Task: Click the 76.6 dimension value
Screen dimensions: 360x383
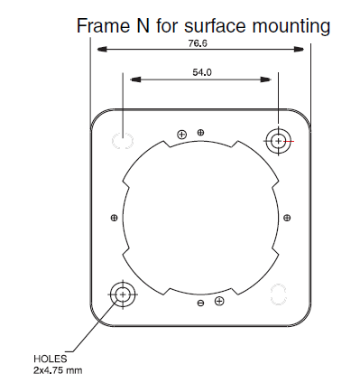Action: [x=198, y=43]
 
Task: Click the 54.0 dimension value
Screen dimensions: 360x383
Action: [x=202, y=72]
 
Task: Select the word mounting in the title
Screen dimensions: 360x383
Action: [x=291, y=27]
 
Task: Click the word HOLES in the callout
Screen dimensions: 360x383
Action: [x=51, y=359]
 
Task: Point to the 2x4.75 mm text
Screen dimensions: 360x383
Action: [x=58, y=370]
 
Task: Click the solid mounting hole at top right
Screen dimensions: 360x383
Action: [x=279, y=141]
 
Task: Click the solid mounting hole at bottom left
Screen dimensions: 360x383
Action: [x=123, y=294]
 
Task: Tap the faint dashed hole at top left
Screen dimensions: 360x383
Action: [x=123, y=141]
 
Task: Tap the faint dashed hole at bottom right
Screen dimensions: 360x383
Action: [x=279, y=294]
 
